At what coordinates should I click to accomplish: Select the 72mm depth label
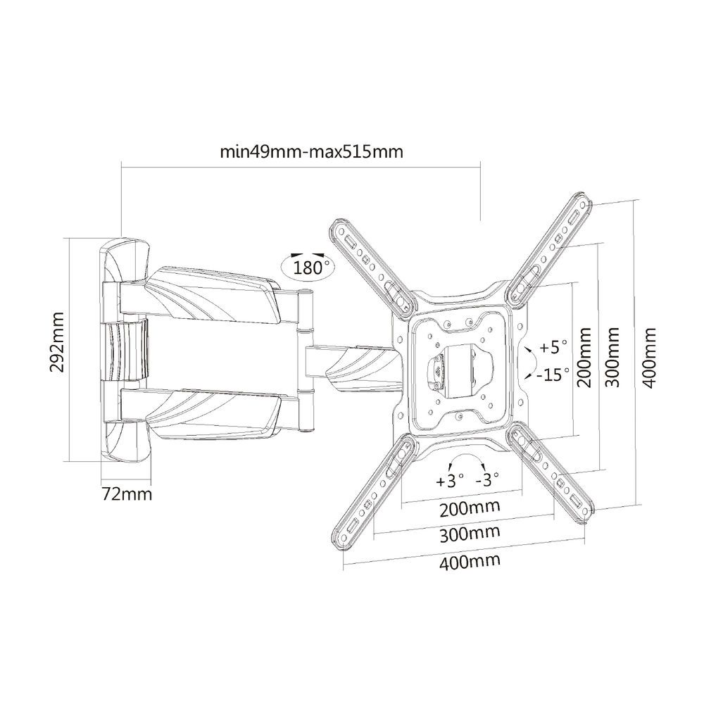127,493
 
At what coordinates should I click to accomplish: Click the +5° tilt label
553,347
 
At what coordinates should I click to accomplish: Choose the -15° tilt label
553,374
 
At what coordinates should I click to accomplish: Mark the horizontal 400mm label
471,560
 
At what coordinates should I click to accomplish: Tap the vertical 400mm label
650,357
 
